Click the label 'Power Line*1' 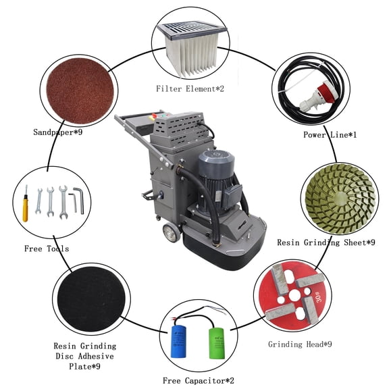330,135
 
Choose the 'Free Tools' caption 46,249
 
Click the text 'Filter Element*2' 189,88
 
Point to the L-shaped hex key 78,200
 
